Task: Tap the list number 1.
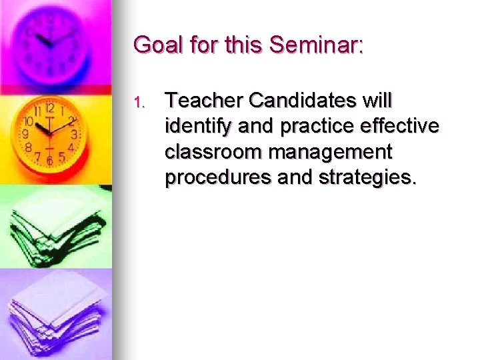(138, 103)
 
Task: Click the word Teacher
(204, 101)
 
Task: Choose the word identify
(194, 127)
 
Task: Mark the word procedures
(215, 177)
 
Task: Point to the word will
(378, 101)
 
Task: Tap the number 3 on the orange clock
(74, 134)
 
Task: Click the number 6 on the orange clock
(50, 160)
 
